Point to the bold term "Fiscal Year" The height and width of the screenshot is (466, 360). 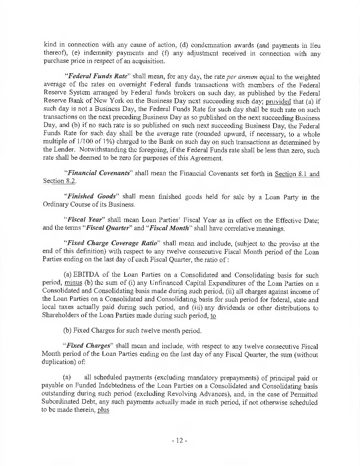point(81,220)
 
